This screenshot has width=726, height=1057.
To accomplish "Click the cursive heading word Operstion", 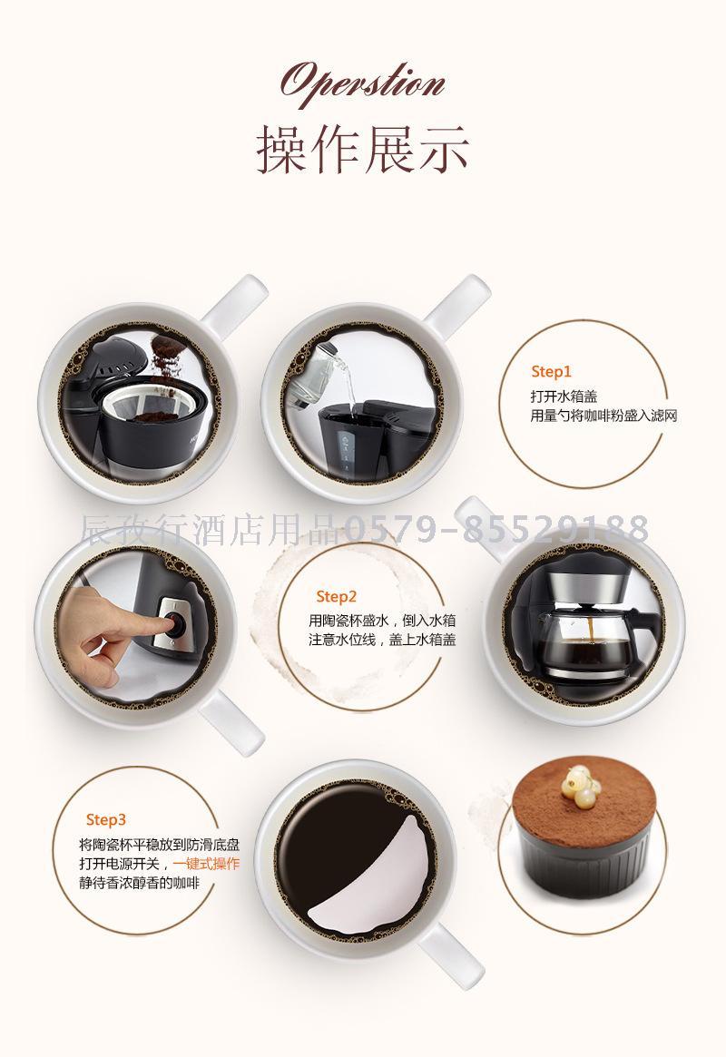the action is pyautogui.click(x=363, y=83).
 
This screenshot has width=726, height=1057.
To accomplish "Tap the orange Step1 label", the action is pyautogui.click(x=551, y=371).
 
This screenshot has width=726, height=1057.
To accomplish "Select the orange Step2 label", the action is pyautogui.click(x=336, y=597).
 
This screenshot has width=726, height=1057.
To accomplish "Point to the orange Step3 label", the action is pyautogui.click(x=106, y=819).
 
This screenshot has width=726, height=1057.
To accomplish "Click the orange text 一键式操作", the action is pyautogui.click(x=206, y=865).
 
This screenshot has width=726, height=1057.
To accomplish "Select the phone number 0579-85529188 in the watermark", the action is pyautogui.click(x=497, y=528).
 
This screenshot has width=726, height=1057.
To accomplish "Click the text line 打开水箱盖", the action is pyautogui.click(x=564, y=396).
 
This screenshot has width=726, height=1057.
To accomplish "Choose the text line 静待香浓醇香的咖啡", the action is pyautogui.click(x=140, y=883).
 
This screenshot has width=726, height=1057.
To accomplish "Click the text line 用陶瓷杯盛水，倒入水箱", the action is pyautogui.click(x=382, y=621).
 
